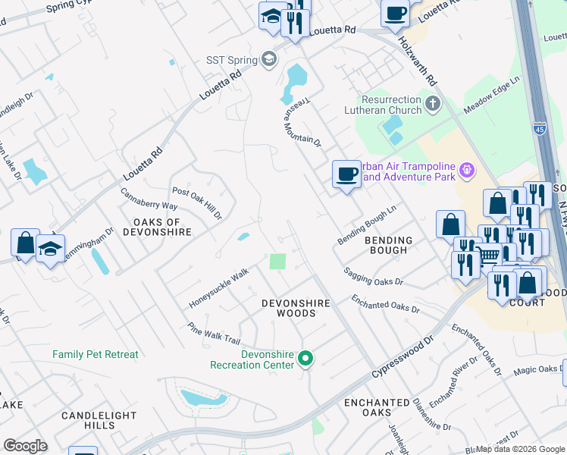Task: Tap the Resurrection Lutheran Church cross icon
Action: [433, 104]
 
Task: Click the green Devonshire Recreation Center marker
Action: [305, 358]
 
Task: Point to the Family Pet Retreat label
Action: [96, 354]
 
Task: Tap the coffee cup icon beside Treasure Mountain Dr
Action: [346, 174]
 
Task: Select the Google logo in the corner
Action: [25, 446]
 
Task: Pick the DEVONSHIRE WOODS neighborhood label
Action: [296, 308]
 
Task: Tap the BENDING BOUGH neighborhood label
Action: [390, 246]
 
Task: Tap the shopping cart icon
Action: [489, 256]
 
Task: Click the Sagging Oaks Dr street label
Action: [373, 276]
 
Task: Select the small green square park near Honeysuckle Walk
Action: [278, 262]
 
